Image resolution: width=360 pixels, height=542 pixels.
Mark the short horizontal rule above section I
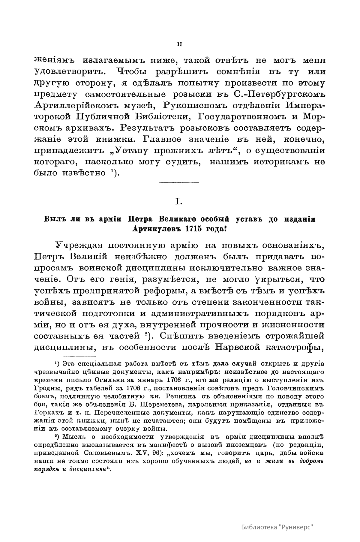pyautogui.click(x=179, y=183)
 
